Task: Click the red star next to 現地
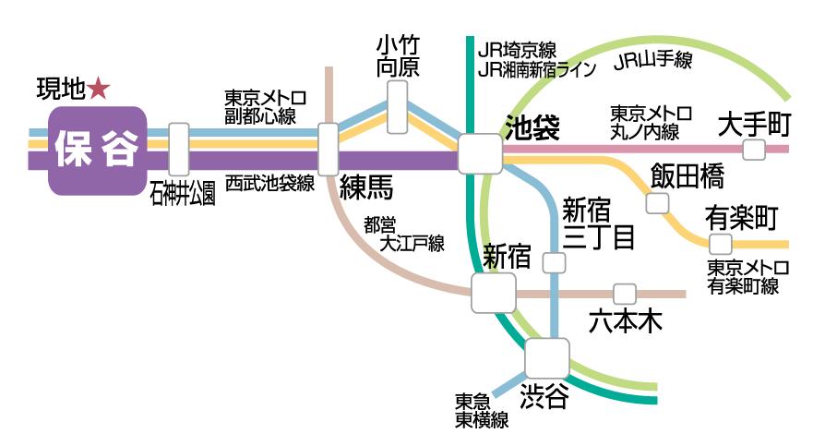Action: (99, 89)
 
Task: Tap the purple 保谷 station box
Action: (97, 151)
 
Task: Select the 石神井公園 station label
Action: (183, 193)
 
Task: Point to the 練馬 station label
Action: (365, 187)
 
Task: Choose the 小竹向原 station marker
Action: (398, 105)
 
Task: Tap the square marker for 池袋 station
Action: (481, 151)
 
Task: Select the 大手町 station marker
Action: (755, 150)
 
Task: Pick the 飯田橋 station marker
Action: (657, 203)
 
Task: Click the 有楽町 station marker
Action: (720, 245)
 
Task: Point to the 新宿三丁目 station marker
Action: (554, 263)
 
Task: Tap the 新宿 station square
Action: (494, 294)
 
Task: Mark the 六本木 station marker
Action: (626, 295)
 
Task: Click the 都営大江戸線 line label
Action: (403, 235)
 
